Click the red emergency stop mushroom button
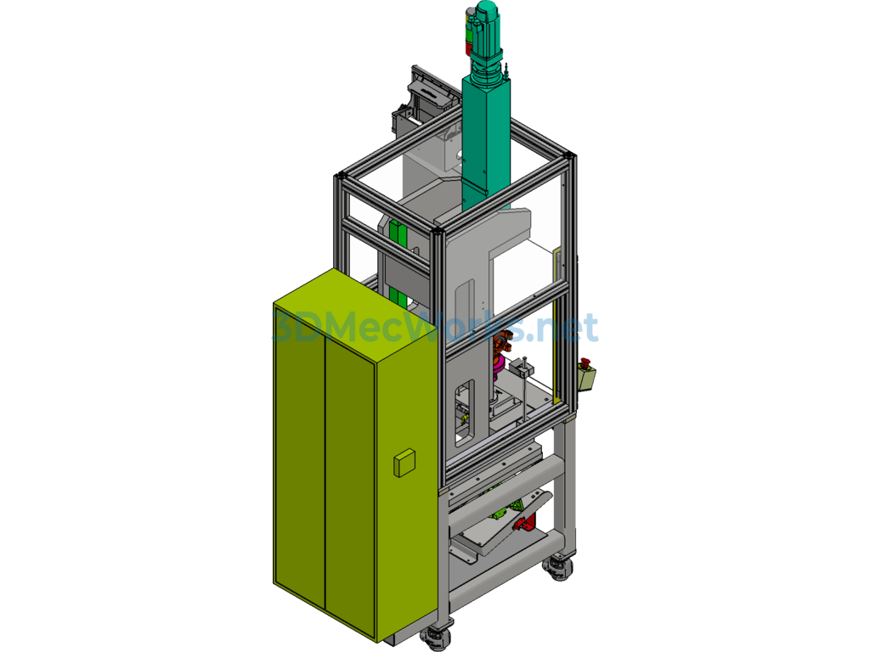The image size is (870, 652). point(585,363)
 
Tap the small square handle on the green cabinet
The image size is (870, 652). point(404,463)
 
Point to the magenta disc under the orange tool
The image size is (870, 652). point(499,363)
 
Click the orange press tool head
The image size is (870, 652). point(502,343)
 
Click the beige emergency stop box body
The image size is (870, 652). point(586,379)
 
